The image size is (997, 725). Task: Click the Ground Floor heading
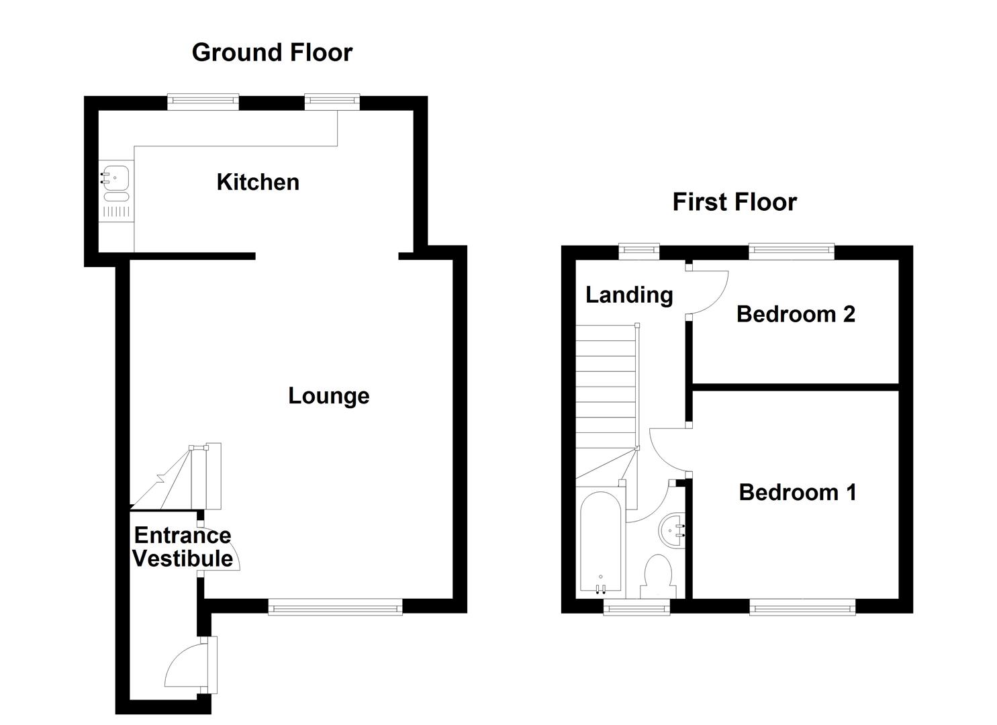pos(272,52)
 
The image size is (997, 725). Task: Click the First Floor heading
pos(734,202)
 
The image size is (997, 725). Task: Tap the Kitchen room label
pos(258,182)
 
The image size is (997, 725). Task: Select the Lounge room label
pos(328,396)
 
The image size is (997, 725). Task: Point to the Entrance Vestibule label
pos(182,547)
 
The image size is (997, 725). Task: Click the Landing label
pos(629,295)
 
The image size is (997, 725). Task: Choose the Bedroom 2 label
pos(796,314)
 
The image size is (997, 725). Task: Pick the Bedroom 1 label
pos(798,493)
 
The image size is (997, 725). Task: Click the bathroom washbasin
pos(672,530)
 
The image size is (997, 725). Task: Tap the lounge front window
pos(335,608)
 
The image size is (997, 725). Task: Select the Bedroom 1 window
pos(802,608)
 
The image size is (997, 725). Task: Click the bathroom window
pos(636,608)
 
